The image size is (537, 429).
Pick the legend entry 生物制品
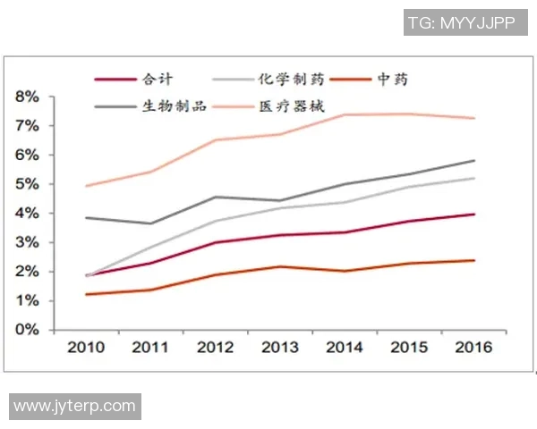175,106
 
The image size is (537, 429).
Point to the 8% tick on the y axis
27,97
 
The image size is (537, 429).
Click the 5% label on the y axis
27,184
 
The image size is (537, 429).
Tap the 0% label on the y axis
27,330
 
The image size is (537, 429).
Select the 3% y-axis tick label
27,242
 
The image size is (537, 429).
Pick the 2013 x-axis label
280,348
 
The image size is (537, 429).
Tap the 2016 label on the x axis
473,348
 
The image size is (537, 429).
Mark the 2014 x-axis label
345,348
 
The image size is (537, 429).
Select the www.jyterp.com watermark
75,406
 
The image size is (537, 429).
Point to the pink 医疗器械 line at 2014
345,115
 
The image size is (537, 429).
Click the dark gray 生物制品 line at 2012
216,197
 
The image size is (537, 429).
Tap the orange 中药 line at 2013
280,266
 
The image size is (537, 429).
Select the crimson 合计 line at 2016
473,214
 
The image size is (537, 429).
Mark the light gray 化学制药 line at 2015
409,187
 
